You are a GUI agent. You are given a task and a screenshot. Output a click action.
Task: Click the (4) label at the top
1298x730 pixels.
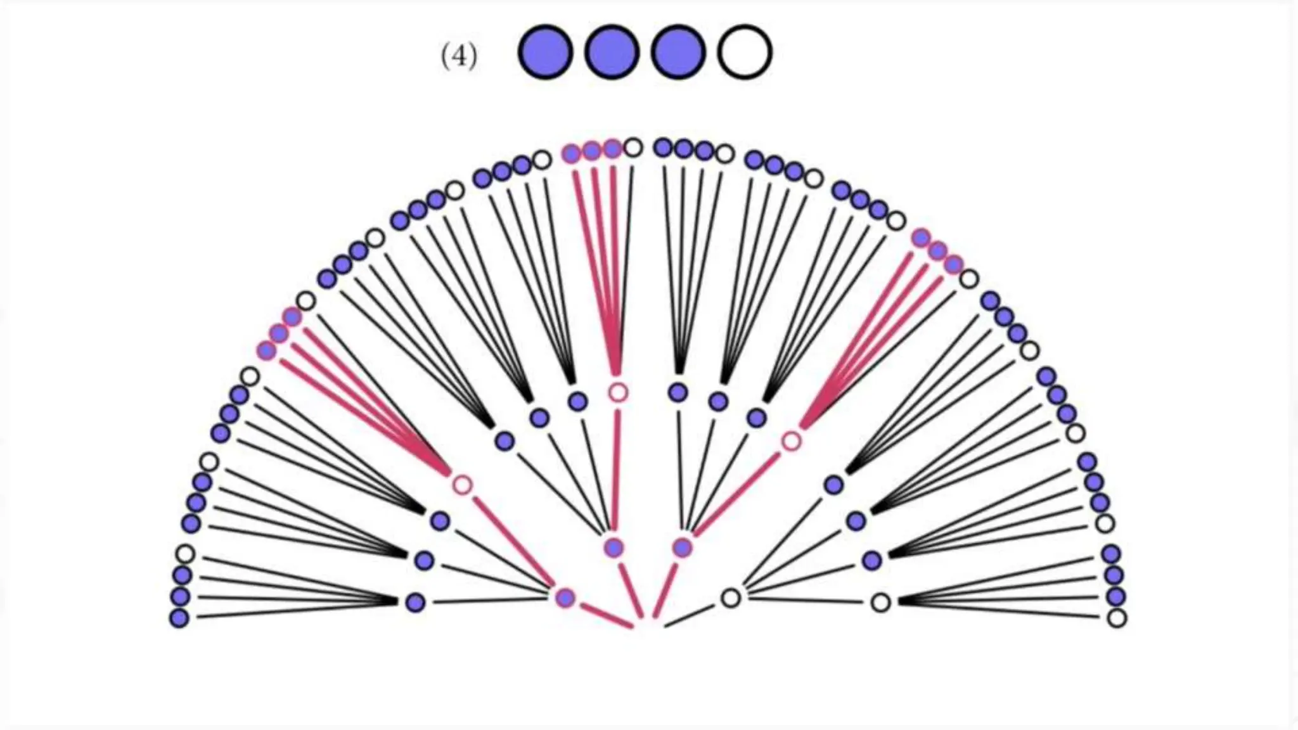coord(459,56)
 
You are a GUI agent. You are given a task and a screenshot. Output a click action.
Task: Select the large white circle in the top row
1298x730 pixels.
coord(745,53)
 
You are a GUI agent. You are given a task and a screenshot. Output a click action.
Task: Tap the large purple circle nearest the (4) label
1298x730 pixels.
coord(545,53)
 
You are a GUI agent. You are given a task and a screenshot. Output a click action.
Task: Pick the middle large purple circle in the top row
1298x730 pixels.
coord(612,53)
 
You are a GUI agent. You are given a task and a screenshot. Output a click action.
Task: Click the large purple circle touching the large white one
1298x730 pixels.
coord(678,53)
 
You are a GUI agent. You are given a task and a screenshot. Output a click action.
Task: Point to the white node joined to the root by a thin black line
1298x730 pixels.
coord(731,598)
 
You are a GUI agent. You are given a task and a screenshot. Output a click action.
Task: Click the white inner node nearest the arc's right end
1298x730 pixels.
coord(880,603)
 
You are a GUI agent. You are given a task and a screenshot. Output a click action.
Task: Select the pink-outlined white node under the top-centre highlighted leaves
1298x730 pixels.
coord(618,393)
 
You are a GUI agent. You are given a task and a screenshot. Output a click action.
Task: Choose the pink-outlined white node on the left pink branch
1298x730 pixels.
coord(463,485)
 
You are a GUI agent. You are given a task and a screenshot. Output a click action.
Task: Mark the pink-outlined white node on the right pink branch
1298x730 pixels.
coord(791,441)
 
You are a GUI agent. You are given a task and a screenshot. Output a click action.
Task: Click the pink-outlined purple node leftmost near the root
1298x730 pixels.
coord(565,598)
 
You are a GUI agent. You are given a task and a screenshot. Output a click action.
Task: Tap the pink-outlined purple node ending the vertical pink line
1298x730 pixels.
coord(614,547)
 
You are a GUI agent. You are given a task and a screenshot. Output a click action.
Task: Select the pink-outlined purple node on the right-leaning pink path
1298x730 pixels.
coord(682,547)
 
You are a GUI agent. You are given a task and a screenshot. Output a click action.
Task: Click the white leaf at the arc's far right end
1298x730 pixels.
coord(1117,618)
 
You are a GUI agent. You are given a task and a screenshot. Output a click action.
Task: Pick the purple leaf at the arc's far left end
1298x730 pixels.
coord(179,618)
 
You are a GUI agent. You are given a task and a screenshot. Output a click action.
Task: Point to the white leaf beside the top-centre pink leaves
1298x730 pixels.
coord(633,148)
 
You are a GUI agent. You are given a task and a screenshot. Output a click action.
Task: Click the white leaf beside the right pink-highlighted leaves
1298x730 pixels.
coord(969,278)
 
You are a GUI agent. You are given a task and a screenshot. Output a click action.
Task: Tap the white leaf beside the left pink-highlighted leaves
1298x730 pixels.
coord(306,300)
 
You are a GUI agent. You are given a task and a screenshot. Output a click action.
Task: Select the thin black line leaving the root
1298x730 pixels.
coord(690,616)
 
